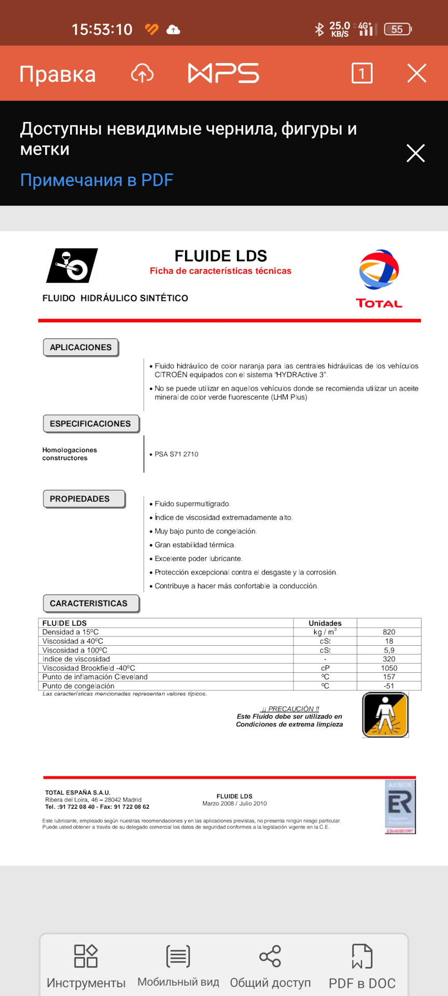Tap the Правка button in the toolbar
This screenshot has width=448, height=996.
click(58, 74)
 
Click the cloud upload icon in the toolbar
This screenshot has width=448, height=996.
click(142, 74)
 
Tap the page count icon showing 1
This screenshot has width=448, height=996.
click(362, 73)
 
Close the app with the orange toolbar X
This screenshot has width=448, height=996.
click(417, 73)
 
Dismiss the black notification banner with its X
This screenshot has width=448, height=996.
click(415, 153)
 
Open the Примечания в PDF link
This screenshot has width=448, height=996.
click(96, 180)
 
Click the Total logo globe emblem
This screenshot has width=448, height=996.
click(379, 270)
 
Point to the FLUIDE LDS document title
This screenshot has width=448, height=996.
click(220, 256)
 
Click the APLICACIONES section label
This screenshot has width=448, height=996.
click(81, 347)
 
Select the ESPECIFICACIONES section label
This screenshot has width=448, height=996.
click(90, 423)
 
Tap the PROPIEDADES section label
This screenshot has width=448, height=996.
click(80, 499)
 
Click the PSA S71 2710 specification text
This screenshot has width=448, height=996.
click(176, 454)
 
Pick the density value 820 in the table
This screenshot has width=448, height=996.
click(389, 632)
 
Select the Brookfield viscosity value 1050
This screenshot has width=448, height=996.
click(389, 668)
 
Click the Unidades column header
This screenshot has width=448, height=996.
click(325, 623)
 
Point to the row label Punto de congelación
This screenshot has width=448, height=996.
click(78, 686)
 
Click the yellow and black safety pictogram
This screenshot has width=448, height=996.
click(385, 715)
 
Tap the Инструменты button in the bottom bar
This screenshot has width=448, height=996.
click(86, 967)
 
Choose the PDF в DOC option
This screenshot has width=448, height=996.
click(362, 967)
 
